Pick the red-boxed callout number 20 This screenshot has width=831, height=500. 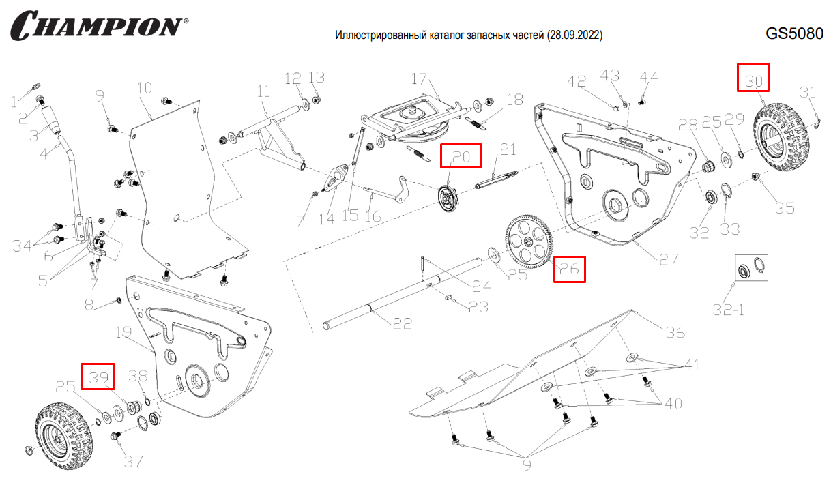tap(461, 156)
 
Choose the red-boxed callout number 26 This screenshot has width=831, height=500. tap(569, 269)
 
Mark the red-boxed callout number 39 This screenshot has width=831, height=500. tap(98, 377)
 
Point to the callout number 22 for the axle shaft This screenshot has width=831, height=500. tap(403, 323)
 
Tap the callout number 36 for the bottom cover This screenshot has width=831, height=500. tap(675, 332)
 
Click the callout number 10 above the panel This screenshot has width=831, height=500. tap(143, 88)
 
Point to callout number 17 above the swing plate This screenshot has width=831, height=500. tap(418, 78)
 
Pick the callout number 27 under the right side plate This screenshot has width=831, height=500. tap(668, 260)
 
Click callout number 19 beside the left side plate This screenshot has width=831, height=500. tap(123, 333)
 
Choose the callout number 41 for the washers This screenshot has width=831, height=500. tap(692, 366)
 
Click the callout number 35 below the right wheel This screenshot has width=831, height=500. tap(785, 207)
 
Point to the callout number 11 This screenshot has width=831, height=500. tap(263, 91)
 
